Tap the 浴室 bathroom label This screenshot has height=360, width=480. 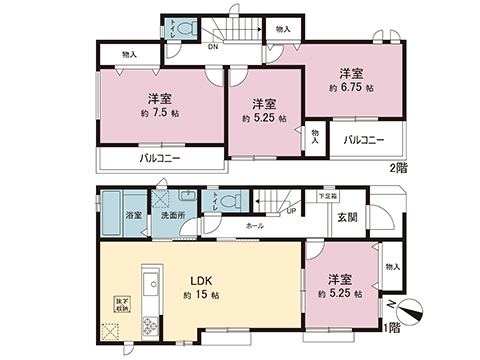click(132, 214)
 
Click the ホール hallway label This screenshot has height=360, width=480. click(256, 227)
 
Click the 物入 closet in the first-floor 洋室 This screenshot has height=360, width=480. click(391, 268)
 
